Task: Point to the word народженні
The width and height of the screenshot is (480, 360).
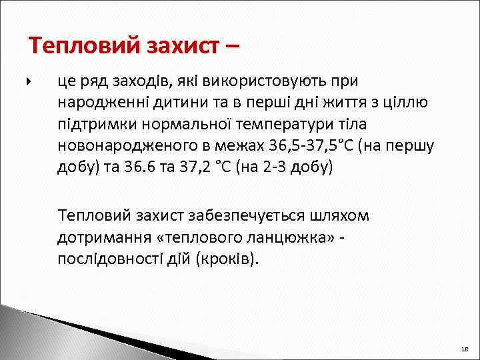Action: (96, 103)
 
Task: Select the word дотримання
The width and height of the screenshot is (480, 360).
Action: (101, 237)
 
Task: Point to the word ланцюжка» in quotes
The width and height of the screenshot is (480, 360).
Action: (291, 237)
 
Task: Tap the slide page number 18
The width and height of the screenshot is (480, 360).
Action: (464, 349)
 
